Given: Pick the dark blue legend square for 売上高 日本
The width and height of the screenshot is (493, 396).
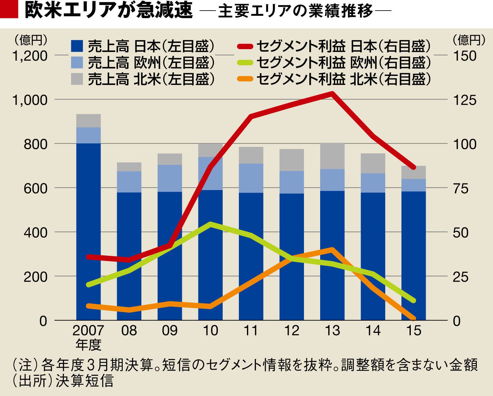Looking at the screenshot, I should click(x=77, y=46).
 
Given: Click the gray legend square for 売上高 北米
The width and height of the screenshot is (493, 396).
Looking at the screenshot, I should click(x=77, y=79).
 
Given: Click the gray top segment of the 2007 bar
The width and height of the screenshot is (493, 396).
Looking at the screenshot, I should click(x=88, y=121).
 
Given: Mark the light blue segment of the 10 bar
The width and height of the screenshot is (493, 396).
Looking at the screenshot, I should click(x=211, y=173).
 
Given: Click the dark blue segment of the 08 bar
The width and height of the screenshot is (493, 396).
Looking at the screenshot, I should click(x=129, y=255).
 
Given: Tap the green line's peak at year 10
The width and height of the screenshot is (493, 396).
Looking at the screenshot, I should click(x=211, y=224).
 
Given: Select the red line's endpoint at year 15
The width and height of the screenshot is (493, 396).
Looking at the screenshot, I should click(x=413, y=167).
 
